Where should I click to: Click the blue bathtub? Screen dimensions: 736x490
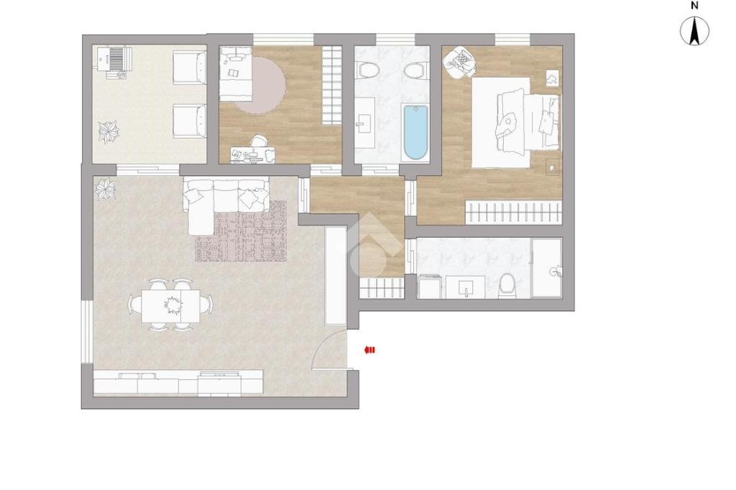(x=416, y=133)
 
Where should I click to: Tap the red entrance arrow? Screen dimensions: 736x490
(x=370, y=350)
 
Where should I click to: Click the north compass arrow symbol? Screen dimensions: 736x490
(x=695, y=32)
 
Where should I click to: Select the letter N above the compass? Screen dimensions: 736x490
(x=695, y=6)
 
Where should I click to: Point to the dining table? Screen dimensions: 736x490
(x=170, y=305)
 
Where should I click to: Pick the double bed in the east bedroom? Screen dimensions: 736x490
(x=515, y=122)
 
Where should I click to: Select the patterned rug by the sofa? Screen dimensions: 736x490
(x=241, y=231)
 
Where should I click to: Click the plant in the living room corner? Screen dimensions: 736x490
(x=105, y=188)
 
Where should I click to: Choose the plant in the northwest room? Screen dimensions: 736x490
(x=109, y=131)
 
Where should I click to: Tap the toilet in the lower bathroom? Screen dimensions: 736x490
(x=507, y=285)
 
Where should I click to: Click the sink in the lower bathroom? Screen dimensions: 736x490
(x=466, y=286)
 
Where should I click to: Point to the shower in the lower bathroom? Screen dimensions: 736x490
(x=546, y=267)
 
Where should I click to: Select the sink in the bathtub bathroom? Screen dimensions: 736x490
(x=364, y=123)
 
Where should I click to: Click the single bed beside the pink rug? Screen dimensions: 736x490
(x=236, y=73)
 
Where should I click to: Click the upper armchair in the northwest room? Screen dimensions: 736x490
(x=190, y=68)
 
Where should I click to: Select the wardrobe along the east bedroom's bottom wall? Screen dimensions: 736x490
(x=513, y=212)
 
